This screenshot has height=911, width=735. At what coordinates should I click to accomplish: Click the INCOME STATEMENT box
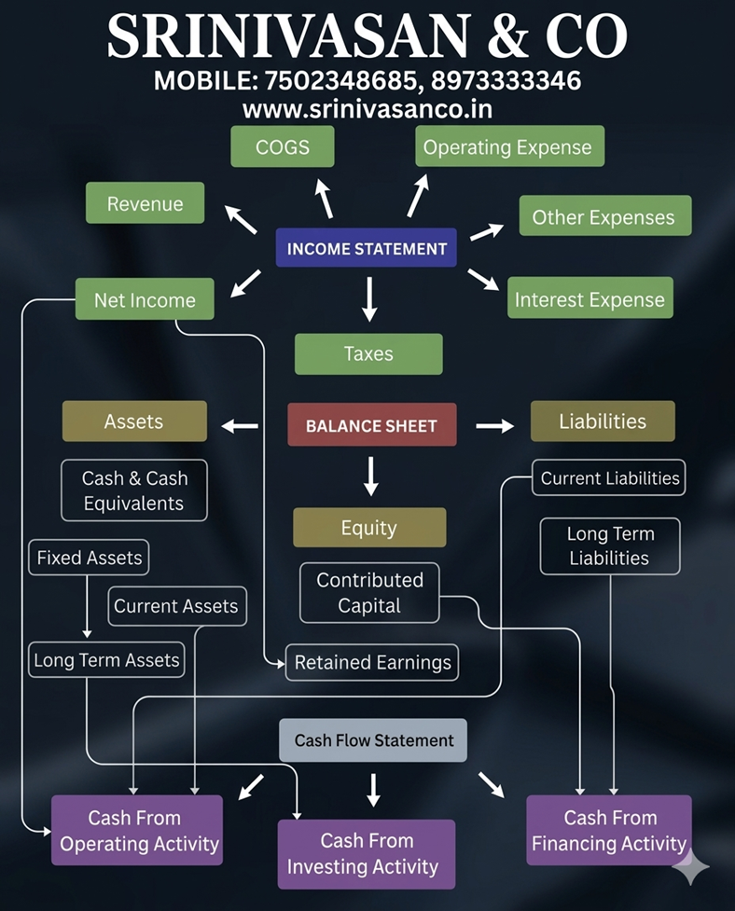tap(367, 249)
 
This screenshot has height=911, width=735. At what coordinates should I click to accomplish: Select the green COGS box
tap(282, 147)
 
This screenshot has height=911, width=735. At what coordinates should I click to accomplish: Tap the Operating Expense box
tap(508, 147)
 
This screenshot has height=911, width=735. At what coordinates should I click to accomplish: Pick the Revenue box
tap(145, 203)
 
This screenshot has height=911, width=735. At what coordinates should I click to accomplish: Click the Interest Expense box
tap(589, 299)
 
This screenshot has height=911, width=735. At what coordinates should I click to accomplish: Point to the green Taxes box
tap(368, 353)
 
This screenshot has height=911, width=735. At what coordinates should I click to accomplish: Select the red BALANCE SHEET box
tap(371, 425)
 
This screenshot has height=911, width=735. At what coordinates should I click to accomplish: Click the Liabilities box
tap(602, 421)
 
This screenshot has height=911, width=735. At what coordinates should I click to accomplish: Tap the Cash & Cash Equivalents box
tap(134, 490)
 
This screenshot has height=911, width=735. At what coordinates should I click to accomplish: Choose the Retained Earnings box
tap(372, 663)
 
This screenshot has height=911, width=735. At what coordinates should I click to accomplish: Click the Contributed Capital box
tap(369, 592)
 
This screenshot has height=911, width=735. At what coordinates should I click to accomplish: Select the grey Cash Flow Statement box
tap(373, 740)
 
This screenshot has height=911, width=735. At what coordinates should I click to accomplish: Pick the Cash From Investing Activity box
tap(366, 853)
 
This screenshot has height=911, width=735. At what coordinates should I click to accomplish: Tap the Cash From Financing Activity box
tap(609, 830)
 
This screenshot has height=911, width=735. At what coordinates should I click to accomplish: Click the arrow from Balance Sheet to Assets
tap(240, 426)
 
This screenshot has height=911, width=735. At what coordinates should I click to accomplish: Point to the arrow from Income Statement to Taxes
tap(369, 299)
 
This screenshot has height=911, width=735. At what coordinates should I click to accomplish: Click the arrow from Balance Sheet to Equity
tap(371, 476)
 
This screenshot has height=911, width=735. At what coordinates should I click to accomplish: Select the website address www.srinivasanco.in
tap(367, 109)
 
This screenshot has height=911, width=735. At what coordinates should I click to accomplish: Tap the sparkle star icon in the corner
tap(690, 866)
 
